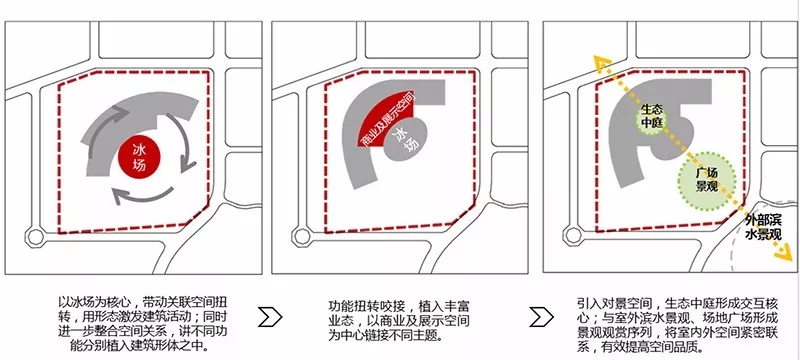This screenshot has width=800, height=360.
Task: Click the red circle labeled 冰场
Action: (139, 158)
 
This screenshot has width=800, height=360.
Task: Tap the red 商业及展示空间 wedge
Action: (385, 119)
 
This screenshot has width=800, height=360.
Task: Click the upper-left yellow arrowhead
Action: (602, 62)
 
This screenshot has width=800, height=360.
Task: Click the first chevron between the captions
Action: (269, 317)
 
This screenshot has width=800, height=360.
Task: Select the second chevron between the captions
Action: (541, 317)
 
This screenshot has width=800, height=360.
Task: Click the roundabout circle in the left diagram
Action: (35, 237)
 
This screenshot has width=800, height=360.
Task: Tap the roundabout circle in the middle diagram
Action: (302, 237)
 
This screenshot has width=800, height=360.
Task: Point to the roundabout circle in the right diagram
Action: (573, 235)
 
